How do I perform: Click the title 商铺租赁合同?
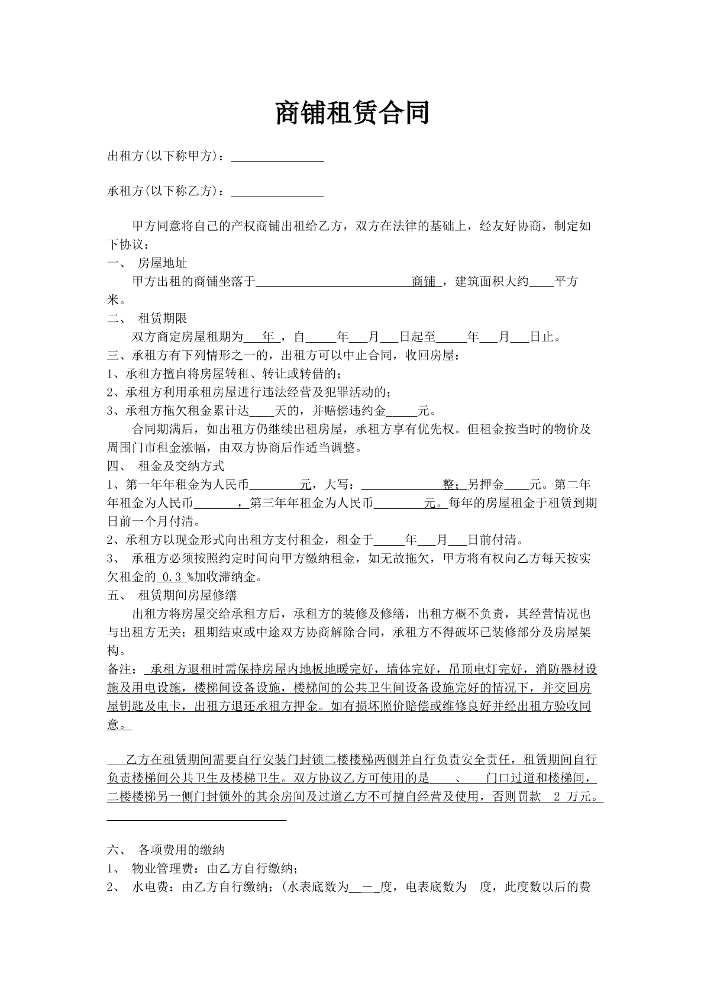(352, 113)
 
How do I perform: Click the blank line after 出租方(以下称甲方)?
(277, 158)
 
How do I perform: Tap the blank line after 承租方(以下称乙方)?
(277, 193)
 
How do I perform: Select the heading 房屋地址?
(162, 263)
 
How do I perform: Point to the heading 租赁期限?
(162, 318)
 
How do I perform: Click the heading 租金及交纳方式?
(181, 466)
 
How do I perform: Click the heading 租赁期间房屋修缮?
(187, 595)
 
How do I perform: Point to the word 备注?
(120, 669)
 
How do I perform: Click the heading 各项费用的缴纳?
(181, 850)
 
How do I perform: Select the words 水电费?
(153, 888)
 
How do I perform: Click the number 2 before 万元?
(556, 797)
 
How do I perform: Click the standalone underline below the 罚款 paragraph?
(196, 820)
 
